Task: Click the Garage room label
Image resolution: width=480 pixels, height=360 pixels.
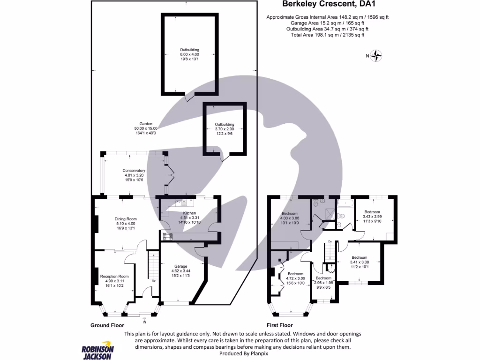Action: pos(181,270)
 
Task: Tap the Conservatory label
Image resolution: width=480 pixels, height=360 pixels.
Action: pos(134,175)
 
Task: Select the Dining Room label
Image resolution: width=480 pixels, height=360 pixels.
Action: pos(126,224)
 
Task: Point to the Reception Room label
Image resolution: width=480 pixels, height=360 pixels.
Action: pos(114,281)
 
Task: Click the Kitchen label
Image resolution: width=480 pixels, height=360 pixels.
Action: pos(189,217)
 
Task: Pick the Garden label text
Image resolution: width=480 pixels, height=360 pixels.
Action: pos(146,128)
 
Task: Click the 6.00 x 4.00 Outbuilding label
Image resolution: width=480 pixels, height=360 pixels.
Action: pos(189,54)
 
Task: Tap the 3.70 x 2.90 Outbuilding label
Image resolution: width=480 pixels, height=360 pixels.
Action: pos(225,129)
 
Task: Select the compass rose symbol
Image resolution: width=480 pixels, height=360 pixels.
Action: pos(376,56)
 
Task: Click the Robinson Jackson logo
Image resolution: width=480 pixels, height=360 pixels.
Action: pos(97,350)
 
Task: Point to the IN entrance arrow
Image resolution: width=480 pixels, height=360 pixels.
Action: pos(144,320)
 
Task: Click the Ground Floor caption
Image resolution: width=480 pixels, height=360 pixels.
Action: pos(107,325)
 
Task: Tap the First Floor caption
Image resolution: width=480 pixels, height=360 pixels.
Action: pos(279,325)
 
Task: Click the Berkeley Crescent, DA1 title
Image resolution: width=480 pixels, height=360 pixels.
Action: pos(329,4)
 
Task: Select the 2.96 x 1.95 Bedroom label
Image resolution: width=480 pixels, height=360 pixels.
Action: pos(323,283)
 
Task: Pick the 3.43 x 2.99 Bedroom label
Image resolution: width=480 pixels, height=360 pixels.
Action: pos(372,217)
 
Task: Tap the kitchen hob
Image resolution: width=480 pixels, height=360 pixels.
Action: pos(167,236)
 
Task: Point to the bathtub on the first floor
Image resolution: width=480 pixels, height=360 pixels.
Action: pos(346,203)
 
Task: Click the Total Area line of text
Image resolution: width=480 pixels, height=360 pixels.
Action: pos(327,35)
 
